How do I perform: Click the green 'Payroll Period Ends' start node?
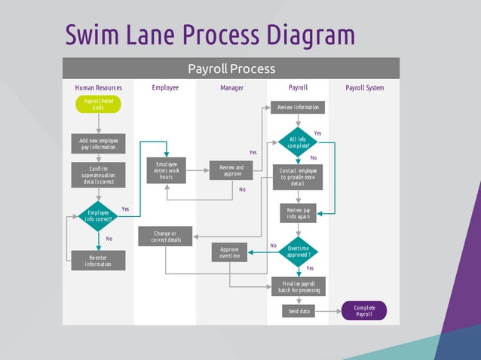[98, 105]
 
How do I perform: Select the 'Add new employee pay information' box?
[98, 143]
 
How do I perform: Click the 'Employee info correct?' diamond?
[98, 216]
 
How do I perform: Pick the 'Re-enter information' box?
[98, 261]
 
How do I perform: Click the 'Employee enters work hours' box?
[167, 170]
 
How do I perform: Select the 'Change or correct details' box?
[166, 236]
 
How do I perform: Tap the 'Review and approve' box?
[231, 171]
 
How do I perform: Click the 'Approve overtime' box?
[229, 252]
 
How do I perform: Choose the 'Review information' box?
[298, 108]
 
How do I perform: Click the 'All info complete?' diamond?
[299, 142]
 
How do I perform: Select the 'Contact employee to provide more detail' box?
[298, 177]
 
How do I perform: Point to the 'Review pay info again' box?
[299, 213]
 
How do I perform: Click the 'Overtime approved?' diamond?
[298, 252]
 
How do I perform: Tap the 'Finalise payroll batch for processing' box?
[299, 286]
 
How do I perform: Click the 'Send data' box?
[298, 310]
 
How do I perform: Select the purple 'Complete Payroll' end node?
[364, 310]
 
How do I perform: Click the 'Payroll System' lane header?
[364, 88]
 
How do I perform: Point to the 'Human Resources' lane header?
[98, 88]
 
